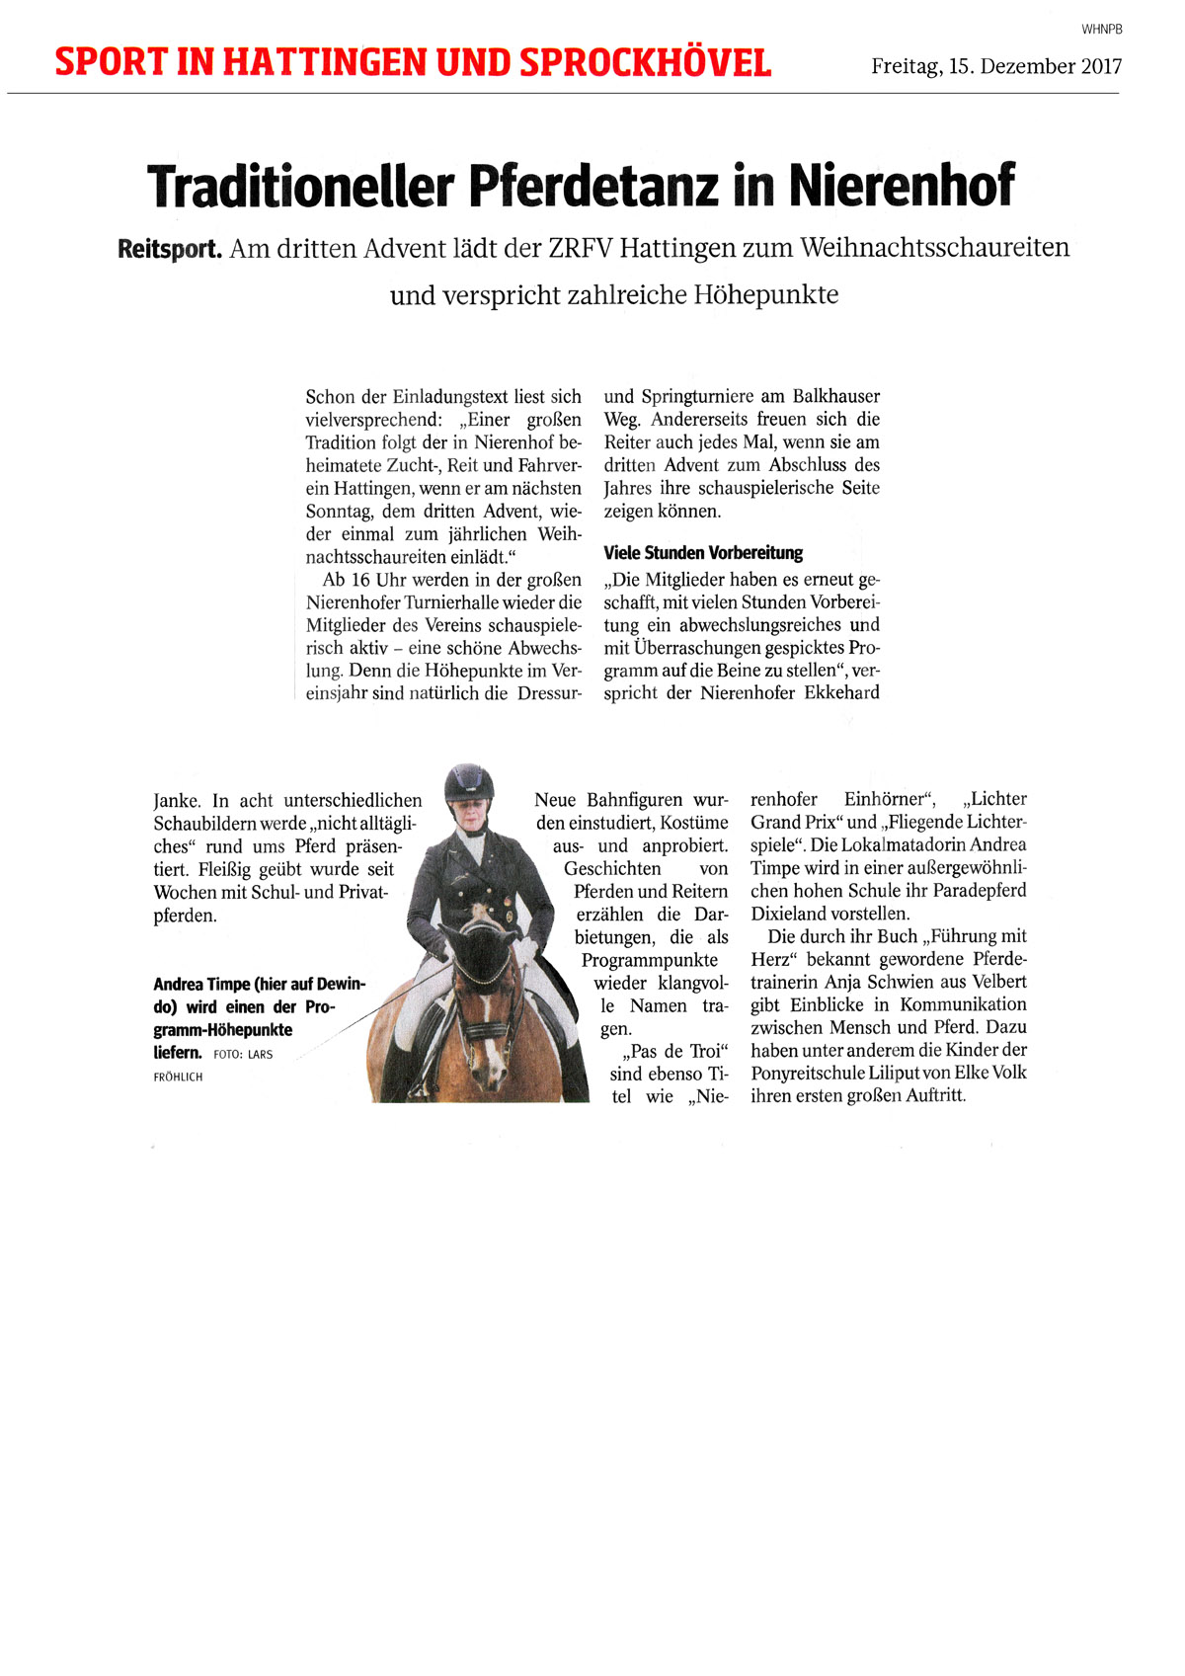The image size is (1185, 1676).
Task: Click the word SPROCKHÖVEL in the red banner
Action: coord(645,63)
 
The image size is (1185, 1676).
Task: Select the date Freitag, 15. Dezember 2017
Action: coord(996,67)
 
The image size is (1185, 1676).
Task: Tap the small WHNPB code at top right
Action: coord(1101,30)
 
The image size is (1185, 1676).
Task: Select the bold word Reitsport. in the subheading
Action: coord(169,248)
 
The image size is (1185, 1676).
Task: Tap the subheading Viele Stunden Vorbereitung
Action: coord(703,553)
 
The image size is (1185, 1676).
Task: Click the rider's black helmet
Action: coord(468,784)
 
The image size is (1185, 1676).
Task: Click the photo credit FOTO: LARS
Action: coord(243,1055)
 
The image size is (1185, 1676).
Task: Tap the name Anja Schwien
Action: coord(890,983)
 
